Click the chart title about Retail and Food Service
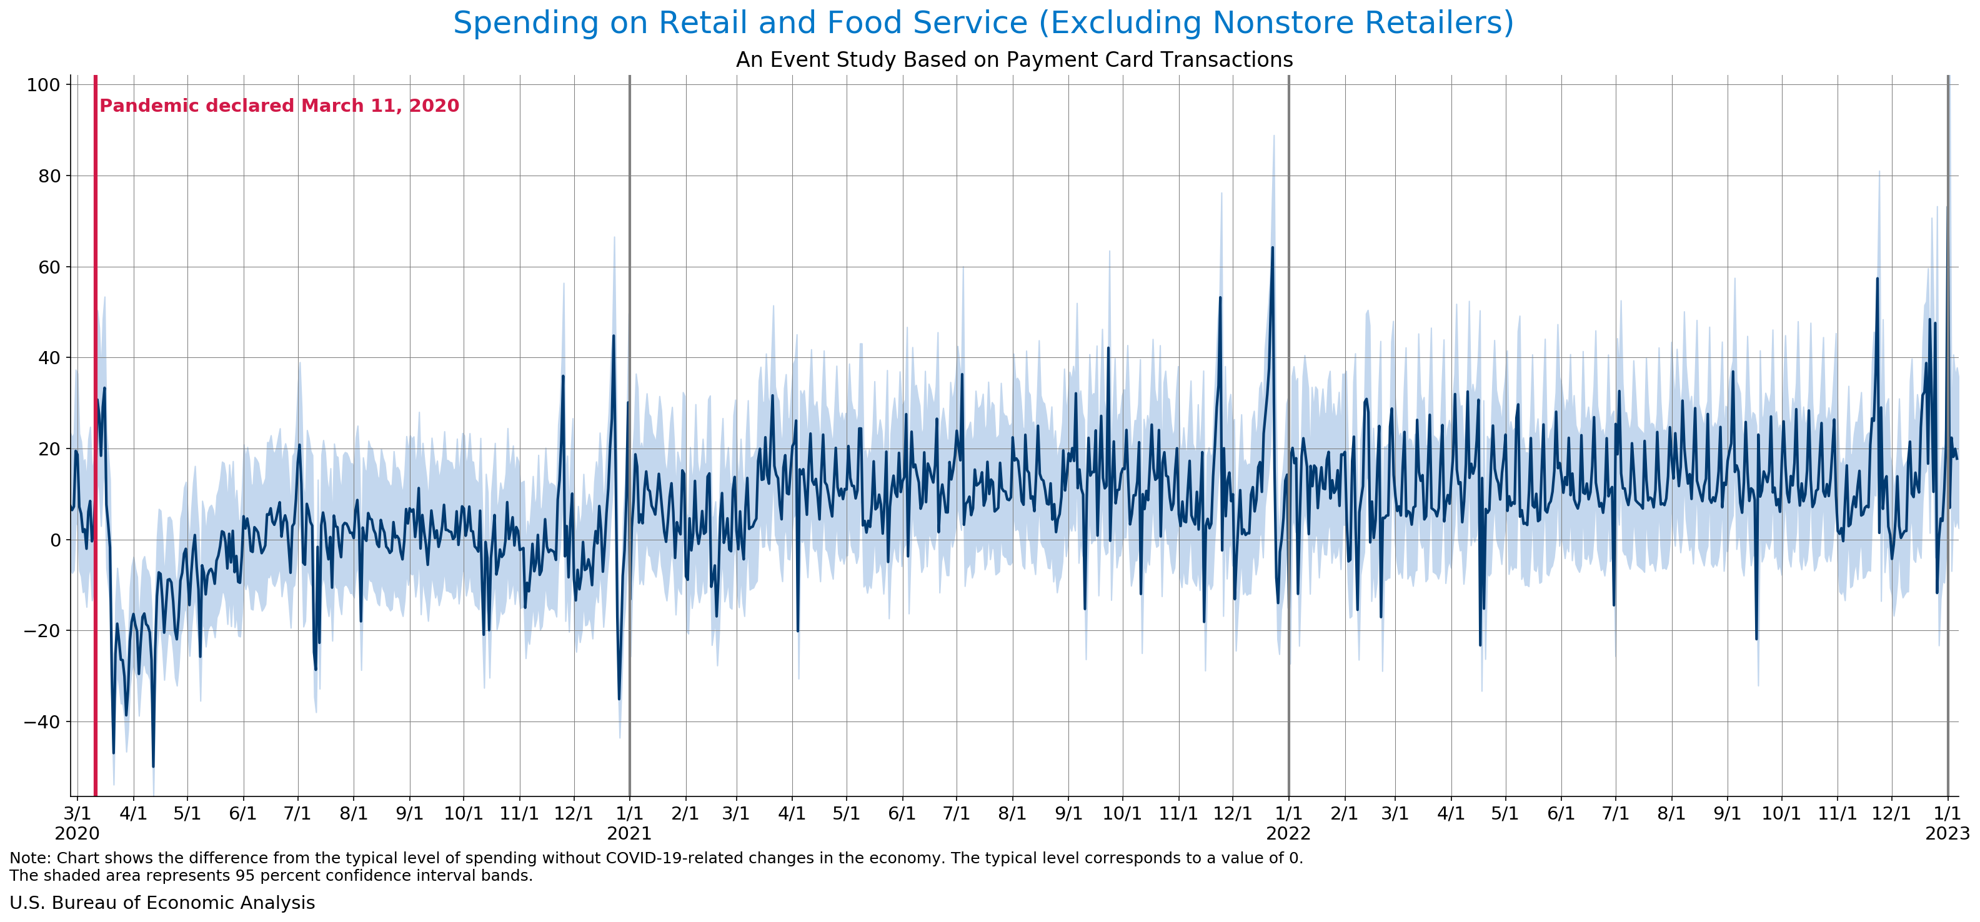(x=983, y=23)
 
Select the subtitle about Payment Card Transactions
(x=1014, y=60)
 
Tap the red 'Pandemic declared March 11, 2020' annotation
(x=279, y=106)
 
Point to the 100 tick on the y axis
(x=43, y=86)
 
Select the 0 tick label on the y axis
(x=54, y=540)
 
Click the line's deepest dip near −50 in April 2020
(x=153, y=766)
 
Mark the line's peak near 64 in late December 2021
(x=1272, y=247)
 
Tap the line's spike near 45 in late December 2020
(x=614, y=336)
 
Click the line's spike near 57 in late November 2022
(x=1877, y=279)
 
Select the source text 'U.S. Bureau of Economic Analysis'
(x=162, y=903)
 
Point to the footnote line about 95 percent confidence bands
(x=271, y=876)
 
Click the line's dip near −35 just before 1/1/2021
(x=619, y=698)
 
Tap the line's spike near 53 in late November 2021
(x=1220, y=298)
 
